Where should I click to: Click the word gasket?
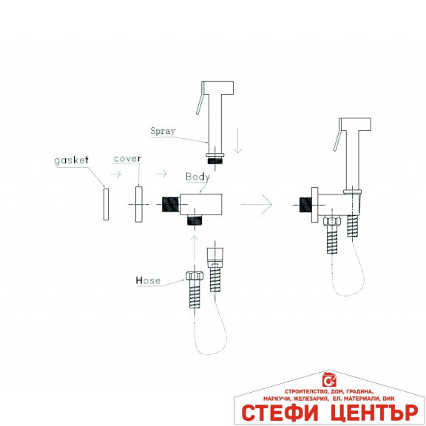72,160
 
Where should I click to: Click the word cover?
127,159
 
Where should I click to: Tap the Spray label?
163,131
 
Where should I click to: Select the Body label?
197,177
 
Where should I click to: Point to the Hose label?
148,280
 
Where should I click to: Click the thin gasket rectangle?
106,204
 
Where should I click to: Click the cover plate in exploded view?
139,204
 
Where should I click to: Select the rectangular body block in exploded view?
201,204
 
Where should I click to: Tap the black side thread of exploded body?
171,204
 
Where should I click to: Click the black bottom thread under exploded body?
195,220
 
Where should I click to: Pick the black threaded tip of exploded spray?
215,160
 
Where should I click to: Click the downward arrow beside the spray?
238,141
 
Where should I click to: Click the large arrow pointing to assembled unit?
256,204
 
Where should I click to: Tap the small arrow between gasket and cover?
115,174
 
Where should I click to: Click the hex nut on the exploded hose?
195,275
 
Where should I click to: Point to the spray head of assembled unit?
355,124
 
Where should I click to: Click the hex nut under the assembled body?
332,220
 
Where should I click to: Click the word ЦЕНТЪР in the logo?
374,413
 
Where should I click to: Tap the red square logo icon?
329,380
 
